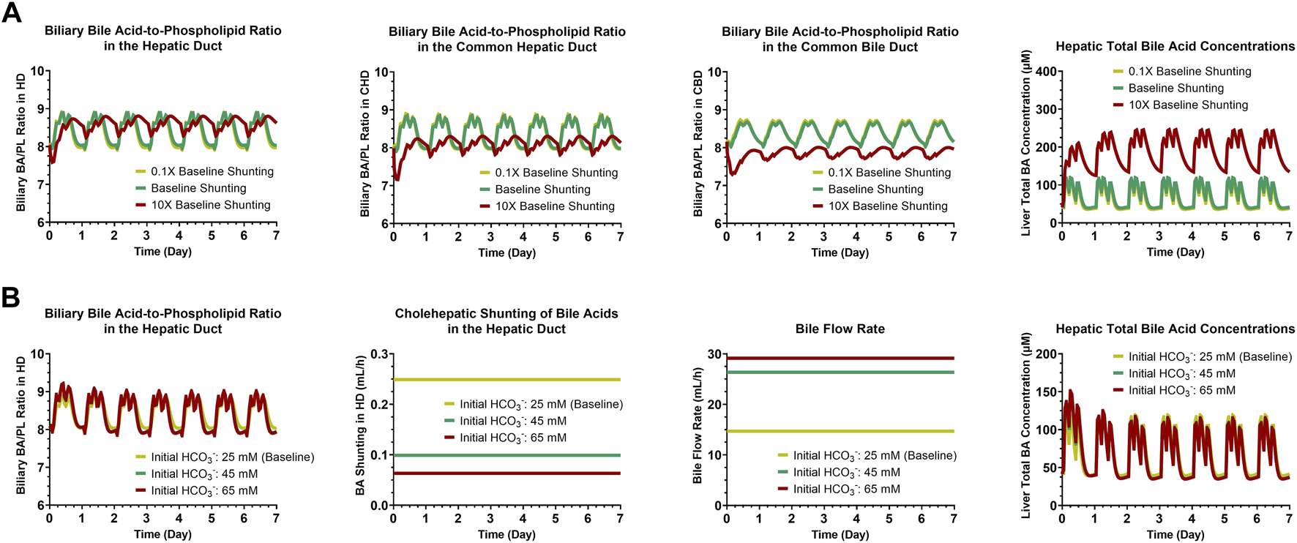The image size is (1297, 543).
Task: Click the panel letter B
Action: tap(10, 297)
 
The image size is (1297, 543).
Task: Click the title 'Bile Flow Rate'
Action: tap(840, 329)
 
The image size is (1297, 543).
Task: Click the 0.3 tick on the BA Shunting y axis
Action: tap(378, 354)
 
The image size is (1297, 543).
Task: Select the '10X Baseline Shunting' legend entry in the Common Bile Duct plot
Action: tap(887, 206)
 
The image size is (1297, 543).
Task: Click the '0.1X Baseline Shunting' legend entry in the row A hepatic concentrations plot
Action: tap(1189, 72)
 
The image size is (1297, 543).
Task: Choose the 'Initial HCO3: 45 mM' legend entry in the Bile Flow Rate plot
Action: tap(845, 473)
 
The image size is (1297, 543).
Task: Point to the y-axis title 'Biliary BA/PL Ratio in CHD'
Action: tap(365, 143)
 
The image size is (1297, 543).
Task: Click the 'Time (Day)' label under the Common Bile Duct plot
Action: tap(840, 252)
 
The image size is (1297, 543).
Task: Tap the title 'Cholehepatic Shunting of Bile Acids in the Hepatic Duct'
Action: tap(507, 321)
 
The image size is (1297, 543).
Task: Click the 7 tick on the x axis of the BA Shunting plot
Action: tap(620, 519)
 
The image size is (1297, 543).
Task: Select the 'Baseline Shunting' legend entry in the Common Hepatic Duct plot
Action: tap(542, 190)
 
